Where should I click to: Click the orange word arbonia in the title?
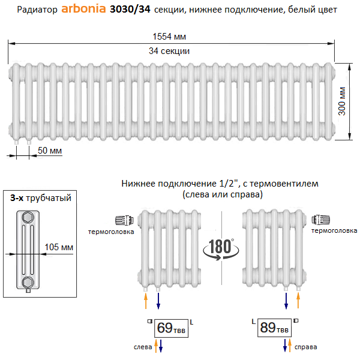click(x=84, y=10)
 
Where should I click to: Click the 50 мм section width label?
click(x=50, y=151)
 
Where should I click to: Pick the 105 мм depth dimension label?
click(x=59, y=246)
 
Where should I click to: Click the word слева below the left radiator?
click(x=143, y=347)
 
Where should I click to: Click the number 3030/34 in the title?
click(x=130, y=10)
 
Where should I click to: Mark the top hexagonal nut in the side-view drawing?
click(x=28, y=217)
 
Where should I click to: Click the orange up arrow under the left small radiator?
click(x=146, y=298)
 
